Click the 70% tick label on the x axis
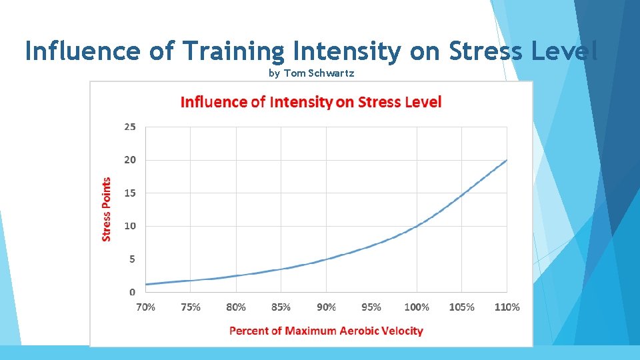[x=145, y=307]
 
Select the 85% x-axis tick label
[x=281, y=307]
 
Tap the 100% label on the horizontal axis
[x=417, y=307]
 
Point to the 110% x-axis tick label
[x=507, y=307]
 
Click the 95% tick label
[x=371, y=307]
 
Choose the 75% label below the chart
[x=191, y=307]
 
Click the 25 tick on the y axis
[x=129, y=127]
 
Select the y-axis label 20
[x=129, y=160]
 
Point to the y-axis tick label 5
[x=132, y=259]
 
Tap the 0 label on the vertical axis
[x=132, y=292]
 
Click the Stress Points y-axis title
[x=107, y=209]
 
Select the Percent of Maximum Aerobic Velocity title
[x=326, y=331]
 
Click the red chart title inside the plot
[x=311, y=102]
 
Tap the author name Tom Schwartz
[x=319, y=73]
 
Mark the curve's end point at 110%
[x=507, y=160]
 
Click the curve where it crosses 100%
[x=417, y=226]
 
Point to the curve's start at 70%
[x=146, y=285]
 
